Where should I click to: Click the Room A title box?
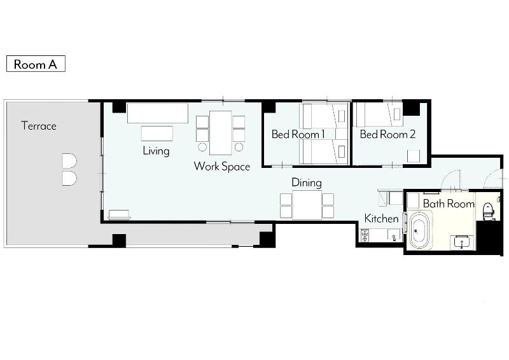point(36,64)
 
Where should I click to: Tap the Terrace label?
point(39,126)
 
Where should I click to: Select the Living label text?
point(156,151)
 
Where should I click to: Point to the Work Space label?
point(222,166)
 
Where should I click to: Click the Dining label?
point(307,183)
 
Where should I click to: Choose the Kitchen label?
point(381,218)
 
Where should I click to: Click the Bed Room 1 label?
point(298,134)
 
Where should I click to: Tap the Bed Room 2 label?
point(387,134)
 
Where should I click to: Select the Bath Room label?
point(449,204)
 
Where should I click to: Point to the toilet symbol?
point(487,211)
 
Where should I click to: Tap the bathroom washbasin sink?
point(461,242)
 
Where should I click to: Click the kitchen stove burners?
point(365,235)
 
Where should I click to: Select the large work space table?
point(221,133)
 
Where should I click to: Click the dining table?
point(307,205)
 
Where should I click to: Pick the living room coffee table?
point(157,134)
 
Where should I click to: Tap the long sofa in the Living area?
point(158,113)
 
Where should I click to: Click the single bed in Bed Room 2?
point(378,114)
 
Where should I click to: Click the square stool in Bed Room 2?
point(413,156)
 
